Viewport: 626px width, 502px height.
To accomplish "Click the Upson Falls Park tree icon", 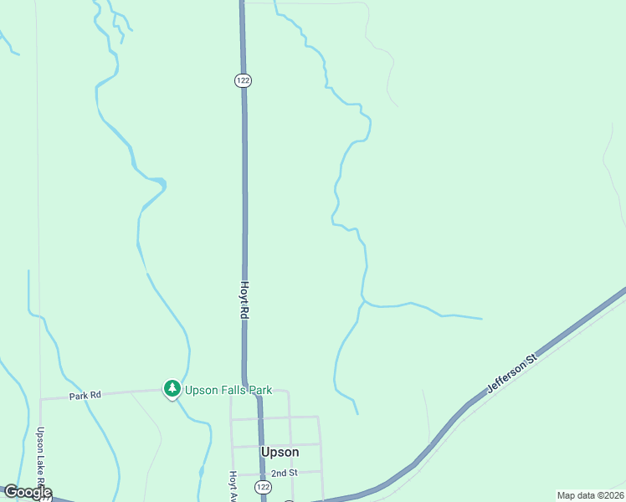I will point(172,388).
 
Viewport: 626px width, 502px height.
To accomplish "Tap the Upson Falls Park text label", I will point(228,390).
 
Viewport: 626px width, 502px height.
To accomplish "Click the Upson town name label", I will point(280,452).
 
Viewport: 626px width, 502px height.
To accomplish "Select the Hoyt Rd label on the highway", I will point(245,299).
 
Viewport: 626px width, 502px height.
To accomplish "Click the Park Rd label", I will point(85,394).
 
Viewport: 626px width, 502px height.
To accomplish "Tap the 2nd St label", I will point(284,473).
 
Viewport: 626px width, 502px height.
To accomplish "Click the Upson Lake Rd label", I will point(40,460).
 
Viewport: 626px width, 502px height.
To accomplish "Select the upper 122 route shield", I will point(243,80).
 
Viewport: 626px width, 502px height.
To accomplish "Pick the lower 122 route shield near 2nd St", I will point(264,487).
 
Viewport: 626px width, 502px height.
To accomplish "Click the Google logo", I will point(27,492).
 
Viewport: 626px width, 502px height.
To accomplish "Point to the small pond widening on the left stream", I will point(156,182).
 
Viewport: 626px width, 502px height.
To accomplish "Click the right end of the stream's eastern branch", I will point(481,319).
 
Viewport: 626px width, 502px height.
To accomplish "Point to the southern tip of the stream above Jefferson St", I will point(357,413).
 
